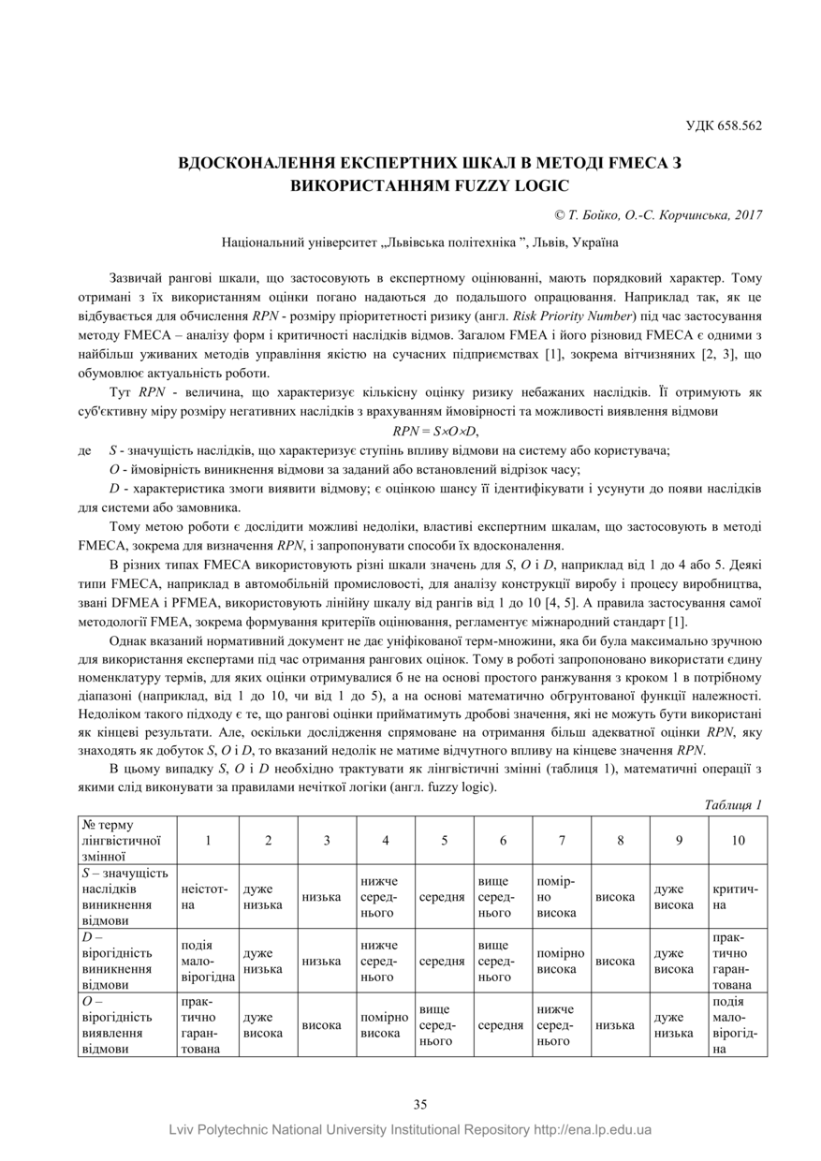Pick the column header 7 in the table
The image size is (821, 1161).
[562, 840]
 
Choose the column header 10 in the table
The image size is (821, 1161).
[738, 840]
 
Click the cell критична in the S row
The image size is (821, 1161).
[738, 897]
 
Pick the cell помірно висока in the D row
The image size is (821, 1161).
[562, 962]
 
